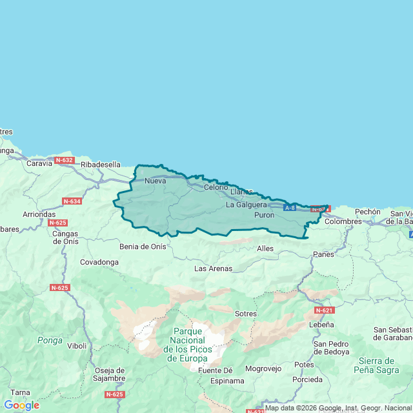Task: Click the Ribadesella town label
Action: [x=101, y=165]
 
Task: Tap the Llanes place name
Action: [x=241, y=192]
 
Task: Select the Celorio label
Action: [x=216, y=187]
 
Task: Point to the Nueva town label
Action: [x=156, y=181]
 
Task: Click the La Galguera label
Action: [x=247, y=205]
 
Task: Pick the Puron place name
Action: [x=265, y=215]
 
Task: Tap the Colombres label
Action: [x=343, y=221]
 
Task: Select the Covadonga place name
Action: [x=99, y=262]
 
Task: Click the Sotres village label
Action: [x=246, y=314]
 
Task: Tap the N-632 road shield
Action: [x=65, y=160]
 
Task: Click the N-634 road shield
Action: [x=72, y=201]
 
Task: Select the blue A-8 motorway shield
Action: [x=290, y=208]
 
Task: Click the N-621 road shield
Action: [x=325, y=310]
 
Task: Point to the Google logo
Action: [x=21, y=405]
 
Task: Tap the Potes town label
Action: [x=304, y=365]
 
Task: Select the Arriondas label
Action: [x=39, y=214]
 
